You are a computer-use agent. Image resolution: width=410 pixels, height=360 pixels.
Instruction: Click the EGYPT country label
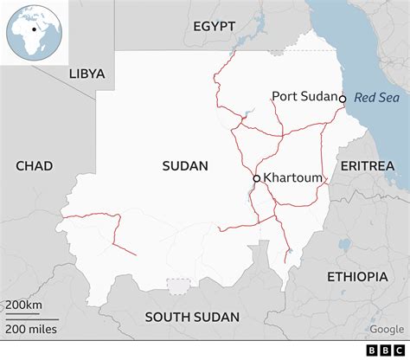tap(214, 26)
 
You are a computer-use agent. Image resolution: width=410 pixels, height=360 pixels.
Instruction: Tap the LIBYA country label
tap(86, 74)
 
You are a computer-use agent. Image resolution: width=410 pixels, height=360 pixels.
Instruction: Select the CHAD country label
tap(34, 165)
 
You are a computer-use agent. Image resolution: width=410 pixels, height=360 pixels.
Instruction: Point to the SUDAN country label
tap(185, 165)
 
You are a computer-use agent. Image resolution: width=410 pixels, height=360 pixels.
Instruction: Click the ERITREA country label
tap(367, 165)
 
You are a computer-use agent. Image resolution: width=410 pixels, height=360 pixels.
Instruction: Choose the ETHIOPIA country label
tap(357, 276)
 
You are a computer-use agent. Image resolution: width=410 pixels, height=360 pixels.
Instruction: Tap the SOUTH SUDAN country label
tap(191, 317)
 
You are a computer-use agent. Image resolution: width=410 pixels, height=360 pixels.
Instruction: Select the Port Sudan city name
tap(304, 97)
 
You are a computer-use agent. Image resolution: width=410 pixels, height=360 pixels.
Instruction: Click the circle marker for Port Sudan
tap(343, 99)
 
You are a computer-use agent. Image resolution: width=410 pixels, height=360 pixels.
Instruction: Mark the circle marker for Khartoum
tap(256, 178)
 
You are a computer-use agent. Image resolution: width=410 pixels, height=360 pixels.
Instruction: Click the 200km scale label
tap(24, 306)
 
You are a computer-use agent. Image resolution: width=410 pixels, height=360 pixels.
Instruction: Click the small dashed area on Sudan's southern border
tap(179, 286)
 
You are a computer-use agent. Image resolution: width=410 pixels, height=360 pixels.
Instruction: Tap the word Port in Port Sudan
tap(285, 97)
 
